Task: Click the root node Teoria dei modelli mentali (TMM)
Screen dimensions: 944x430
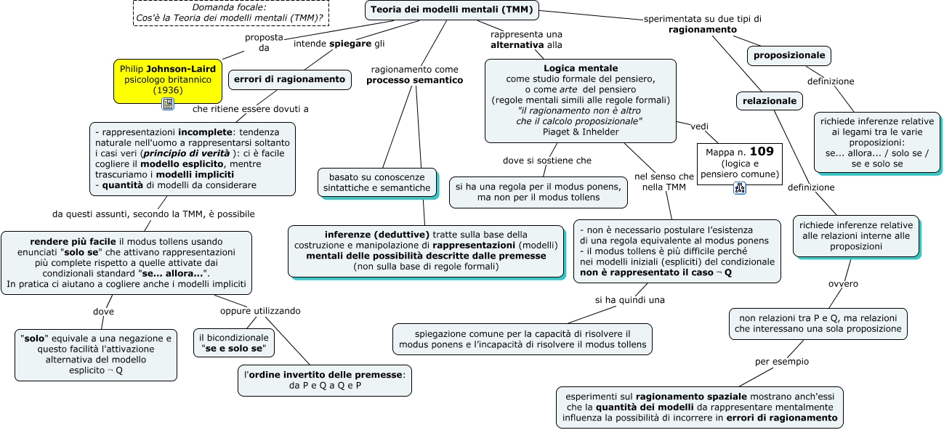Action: click(x=452, y=9)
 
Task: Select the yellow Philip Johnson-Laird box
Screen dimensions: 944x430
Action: click(x=168, y=81)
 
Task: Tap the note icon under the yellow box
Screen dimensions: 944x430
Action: click(x=168, y=104)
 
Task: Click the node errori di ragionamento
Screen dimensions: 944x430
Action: click(x=289, y=79)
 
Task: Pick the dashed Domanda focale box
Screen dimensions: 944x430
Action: click(x=231, y=12)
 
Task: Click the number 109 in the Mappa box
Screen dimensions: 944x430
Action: click(x=762, y=151)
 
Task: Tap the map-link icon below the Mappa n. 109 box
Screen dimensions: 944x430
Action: click(x=740, y=188)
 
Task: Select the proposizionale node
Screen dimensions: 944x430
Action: click(x=789, y=56)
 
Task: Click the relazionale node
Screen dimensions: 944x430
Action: click(x=770, y=101)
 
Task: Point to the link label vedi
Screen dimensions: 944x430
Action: click(x=700, y=126)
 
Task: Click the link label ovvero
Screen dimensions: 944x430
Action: click(x=843, y=284)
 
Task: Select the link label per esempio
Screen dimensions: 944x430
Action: click(x=782, y=362)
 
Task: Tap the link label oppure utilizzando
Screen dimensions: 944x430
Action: click(x=260, y=311)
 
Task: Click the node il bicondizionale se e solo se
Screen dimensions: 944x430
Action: click(x=234, y=343)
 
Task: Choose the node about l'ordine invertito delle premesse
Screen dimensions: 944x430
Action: click(x=325, y=381)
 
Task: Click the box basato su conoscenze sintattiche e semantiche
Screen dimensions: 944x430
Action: click(x=376, y=182)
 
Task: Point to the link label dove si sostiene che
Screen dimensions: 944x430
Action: click(x=547, y=161)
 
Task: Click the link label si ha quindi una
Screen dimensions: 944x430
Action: click(x=629, y=300)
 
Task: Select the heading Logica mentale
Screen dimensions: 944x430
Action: click(x=581, y=68)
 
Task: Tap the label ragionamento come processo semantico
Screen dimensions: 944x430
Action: click(x=415, y=75)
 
